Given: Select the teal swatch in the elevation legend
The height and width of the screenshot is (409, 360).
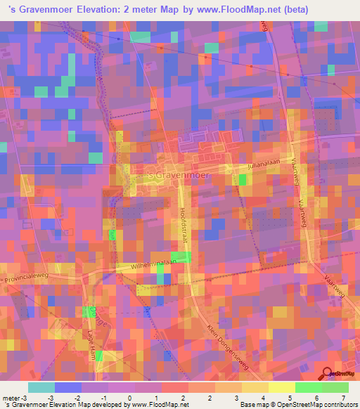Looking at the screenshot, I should coord(41,387).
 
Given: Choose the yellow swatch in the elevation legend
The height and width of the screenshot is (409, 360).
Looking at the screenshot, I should coord(281,387).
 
